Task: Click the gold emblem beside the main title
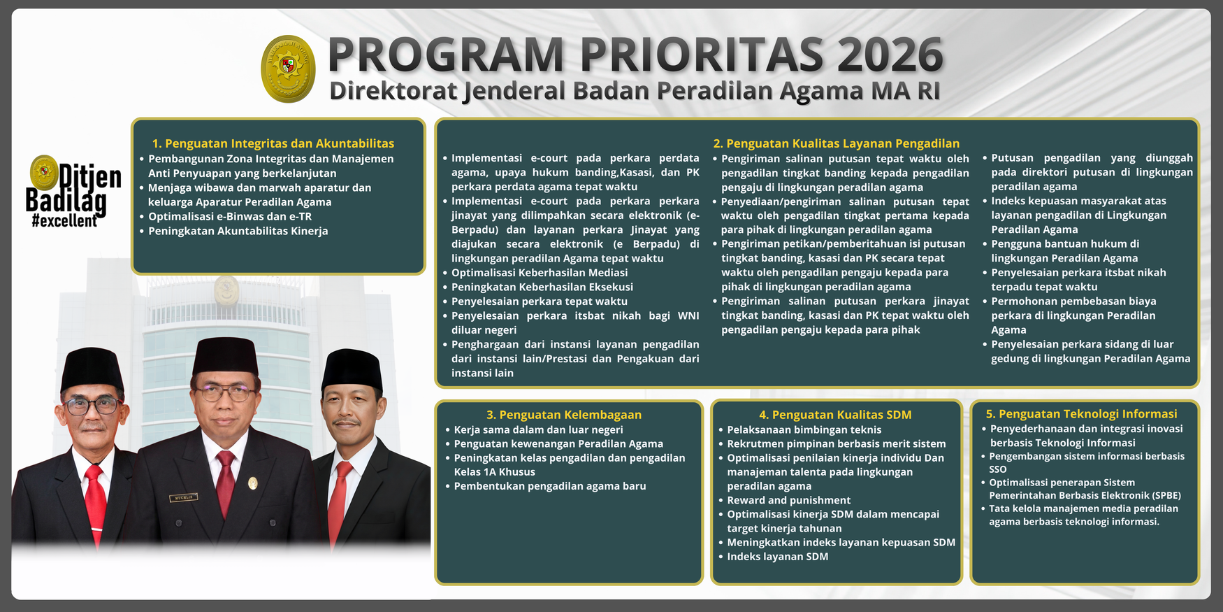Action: (x=288, y=69)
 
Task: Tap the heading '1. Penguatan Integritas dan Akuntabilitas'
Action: (x=273, y=143)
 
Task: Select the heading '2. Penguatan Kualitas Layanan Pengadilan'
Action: (x=836, y=143)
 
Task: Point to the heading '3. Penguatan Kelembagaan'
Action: (x=564, y=415)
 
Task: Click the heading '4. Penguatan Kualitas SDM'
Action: (x=835, y=415)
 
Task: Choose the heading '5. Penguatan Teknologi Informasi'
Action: (x=1081, y=414)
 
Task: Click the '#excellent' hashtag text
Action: (x=64, y=221)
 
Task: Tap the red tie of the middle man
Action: (x=225, y=483)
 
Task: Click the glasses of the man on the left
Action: (x=92, y=405)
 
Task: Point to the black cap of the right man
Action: (x=352, y=368)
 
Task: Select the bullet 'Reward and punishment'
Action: (x=788, y=500)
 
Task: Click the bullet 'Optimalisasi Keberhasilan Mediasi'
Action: (x=540, y=273)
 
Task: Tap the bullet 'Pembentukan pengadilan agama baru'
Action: (x=550, y=486)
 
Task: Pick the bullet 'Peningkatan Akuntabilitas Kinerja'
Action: (x=238, y=231)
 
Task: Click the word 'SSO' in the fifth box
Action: (x=998, y=469)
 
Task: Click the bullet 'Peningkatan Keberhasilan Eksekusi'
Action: (x=542, y=287)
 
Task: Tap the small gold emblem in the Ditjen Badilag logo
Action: (x=44, y=172)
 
